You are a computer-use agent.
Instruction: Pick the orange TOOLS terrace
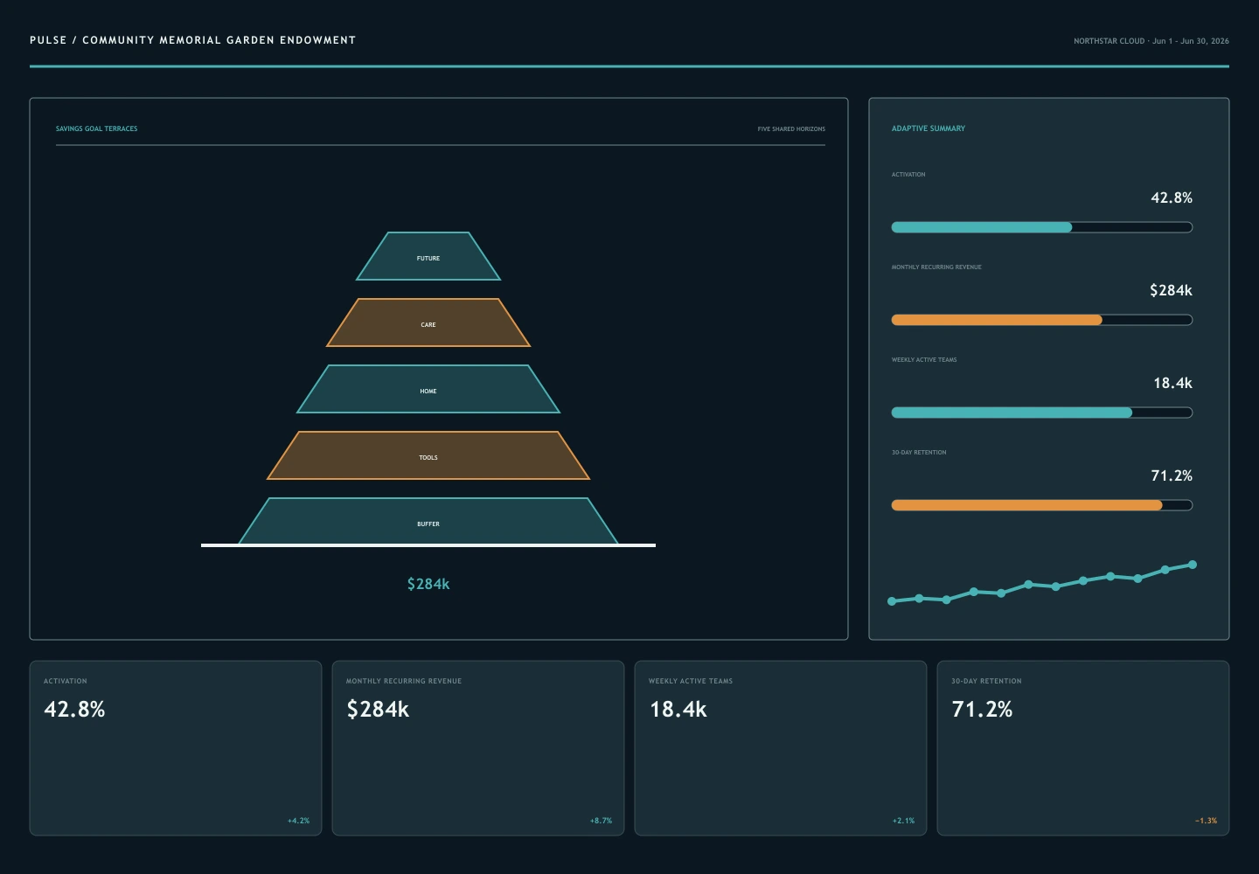[428, 455]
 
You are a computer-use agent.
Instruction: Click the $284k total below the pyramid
[428, 584]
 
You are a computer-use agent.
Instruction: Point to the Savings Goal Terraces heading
[97, 128]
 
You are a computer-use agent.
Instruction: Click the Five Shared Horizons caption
[791, 129]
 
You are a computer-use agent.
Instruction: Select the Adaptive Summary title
[928, 128]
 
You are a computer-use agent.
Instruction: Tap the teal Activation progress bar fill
[981, 227]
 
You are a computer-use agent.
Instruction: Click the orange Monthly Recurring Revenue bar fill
[997, 320]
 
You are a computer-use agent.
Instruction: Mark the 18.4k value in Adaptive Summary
[1172, 383]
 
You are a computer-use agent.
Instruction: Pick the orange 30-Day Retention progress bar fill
[1026, 505]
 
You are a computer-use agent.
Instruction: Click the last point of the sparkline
[1193, 565]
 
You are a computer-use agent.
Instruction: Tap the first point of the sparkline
[892, 601]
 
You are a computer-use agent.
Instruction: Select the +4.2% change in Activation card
[298, 821]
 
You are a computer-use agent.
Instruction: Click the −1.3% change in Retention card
[1206, 821]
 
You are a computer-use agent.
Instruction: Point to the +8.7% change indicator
[601, 821]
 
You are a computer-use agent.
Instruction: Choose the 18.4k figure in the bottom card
[678, 710]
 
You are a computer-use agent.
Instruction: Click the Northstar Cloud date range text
[1151, 41]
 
